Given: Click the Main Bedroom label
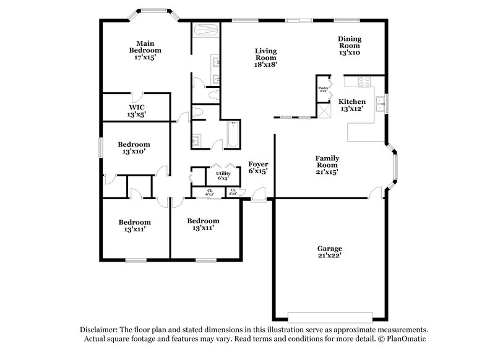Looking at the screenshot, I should (x=145, y=49).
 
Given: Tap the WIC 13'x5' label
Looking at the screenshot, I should (x=137, y=110).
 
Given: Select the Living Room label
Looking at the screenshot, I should (x=265, y=57).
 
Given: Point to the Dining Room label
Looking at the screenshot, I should (x=349, y=46).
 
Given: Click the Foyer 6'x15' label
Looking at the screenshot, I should (x=258, y=168).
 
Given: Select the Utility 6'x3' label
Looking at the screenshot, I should (x=222, y=175).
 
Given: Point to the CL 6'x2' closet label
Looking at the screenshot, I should (x=210, y=192).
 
